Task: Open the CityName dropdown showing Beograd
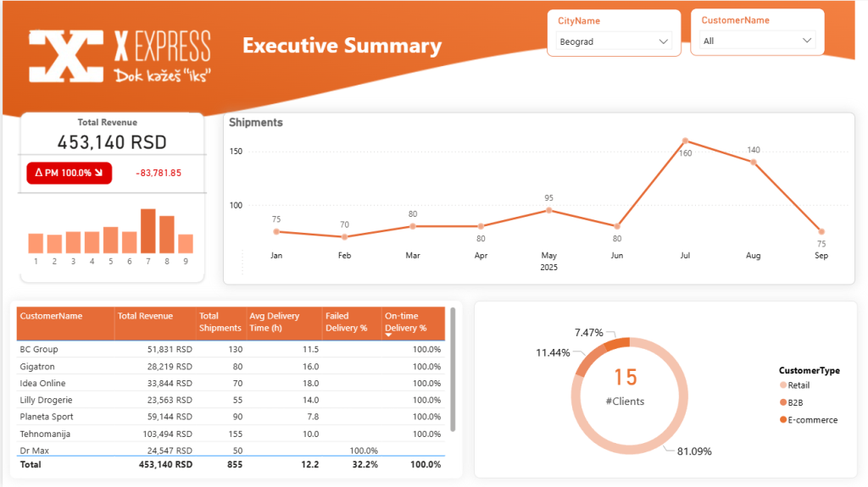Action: point(614,41)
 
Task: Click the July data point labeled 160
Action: point(685,141)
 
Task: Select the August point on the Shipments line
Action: point(753,161)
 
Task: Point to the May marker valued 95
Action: point(548,210)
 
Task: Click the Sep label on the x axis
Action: point(821,255)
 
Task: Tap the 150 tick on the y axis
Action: point(236,152)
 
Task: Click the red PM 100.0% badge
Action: point(69,173)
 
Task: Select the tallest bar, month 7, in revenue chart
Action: point(148,230)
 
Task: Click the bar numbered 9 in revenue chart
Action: point(186,243)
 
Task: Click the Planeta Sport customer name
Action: point(47,417)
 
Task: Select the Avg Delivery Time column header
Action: point(274,322)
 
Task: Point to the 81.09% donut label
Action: point(694,451)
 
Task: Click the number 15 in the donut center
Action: point(626,377)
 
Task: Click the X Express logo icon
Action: point(64,57)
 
